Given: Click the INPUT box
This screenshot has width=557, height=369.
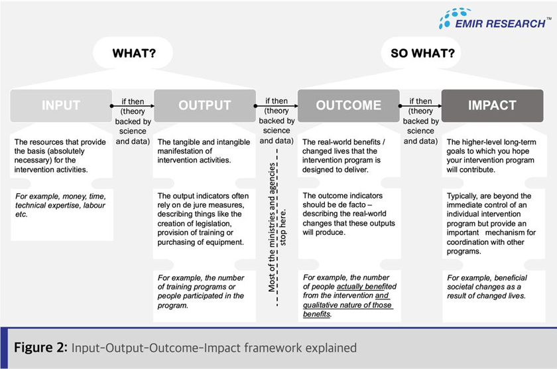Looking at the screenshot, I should click(x=61, y=106).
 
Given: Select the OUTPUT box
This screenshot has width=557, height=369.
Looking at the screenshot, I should click(x=204, y=106).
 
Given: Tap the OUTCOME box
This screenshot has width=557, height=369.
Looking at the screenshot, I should click(x=349, y=106).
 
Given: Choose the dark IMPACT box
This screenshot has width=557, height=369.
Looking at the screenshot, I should click(x=492, y=106).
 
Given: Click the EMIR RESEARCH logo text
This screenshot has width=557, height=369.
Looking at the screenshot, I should click(x=500, y=23).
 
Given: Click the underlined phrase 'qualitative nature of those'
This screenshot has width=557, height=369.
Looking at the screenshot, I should click(x=347, y=305).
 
